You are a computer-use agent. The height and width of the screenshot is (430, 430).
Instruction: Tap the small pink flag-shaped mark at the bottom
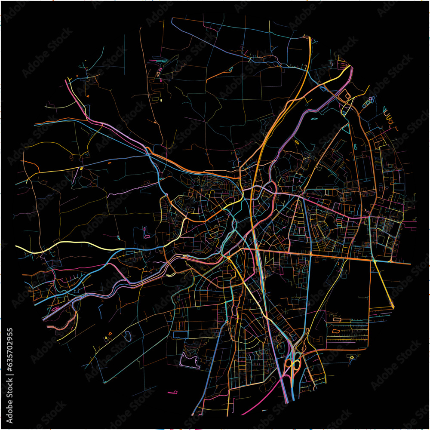click(173, 392)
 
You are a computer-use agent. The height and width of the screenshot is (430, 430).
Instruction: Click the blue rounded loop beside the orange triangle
click(127, 336)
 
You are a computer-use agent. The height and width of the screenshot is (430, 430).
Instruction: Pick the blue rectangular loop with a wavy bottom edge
click(181, 335)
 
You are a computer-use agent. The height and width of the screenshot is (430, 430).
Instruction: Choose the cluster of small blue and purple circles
click(369, 102)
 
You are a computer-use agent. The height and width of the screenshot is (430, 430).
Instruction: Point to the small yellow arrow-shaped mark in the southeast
click(352, 356)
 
